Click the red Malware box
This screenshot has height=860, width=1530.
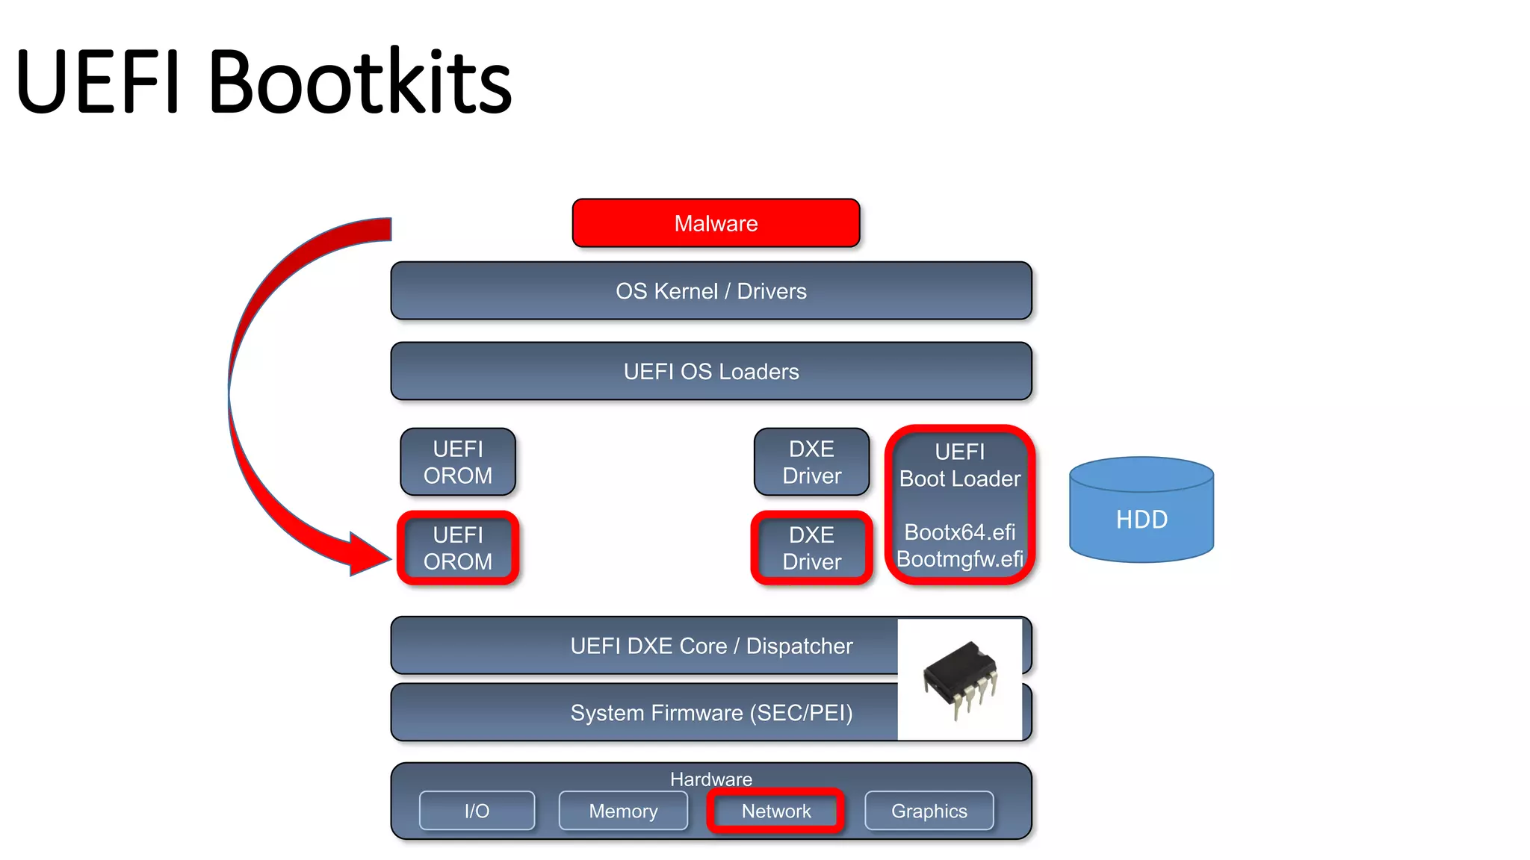click(x=716, y=223)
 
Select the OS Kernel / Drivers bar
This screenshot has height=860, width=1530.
click(x=710, y=291)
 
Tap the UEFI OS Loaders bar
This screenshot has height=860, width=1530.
click(x=710, y=372)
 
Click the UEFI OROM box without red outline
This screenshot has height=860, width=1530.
click(x=458, y=462)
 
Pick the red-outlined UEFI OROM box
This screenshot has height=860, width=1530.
click(x=458, y=548)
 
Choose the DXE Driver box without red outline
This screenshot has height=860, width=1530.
click(x=811, y=462)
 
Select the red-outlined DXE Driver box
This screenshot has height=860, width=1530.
click(x=811, y=548)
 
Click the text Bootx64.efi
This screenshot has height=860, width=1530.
click(x=959, y=532)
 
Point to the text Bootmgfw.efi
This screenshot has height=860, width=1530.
click(x=959, y=559)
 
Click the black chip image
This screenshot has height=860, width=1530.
click(x=961, y=678)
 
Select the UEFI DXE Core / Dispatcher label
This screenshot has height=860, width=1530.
click(x=710, y=646)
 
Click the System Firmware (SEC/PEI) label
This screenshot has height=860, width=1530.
click(x=710, y=713)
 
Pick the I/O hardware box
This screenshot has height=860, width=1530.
click(x=477, y=811)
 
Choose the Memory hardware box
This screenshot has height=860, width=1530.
click(x=623, y=811)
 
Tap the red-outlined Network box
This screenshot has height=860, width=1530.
click(x=775, y=811)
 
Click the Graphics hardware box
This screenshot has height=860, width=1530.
click(x=929, y=811)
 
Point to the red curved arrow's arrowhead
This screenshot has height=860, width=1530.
click(x=370, y=555)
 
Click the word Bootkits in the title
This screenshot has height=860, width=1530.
click(x=360, y=82)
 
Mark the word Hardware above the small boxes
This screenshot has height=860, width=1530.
click(x=710, y=779)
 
